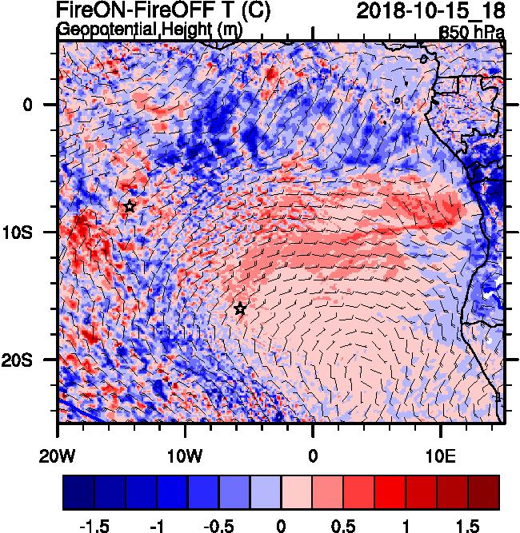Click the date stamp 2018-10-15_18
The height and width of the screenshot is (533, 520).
point(430,11)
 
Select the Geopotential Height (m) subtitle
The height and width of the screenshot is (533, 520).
point(150,30)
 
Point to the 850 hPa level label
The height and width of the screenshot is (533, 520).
point(472,33)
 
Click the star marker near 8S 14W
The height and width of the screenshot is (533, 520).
point(130,207)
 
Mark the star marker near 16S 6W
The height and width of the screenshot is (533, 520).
point(240,309)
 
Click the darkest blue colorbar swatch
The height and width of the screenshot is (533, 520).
point(78,492)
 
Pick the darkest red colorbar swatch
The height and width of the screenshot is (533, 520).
point(484,492)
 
